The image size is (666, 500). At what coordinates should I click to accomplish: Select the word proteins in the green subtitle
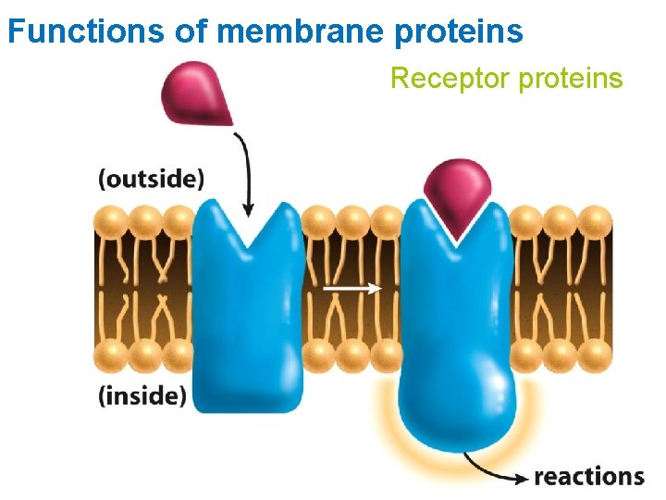click(x=570, y=80)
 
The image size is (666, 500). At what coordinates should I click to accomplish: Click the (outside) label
click(x=151, y=178)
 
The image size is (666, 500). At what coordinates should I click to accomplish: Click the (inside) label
click(x=142, y=395)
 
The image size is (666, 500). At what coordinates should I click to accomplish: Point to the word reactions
click(x=589, y=476)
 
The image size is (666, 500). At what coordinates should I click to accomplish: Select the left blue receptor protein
click(x=248, y=315)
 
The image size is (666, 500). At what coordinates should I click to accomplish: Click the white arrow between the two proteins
click(x=351, y=288)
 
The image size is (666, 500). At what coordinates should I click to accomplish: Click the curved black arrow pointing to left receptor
click(x=245, y=171)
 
